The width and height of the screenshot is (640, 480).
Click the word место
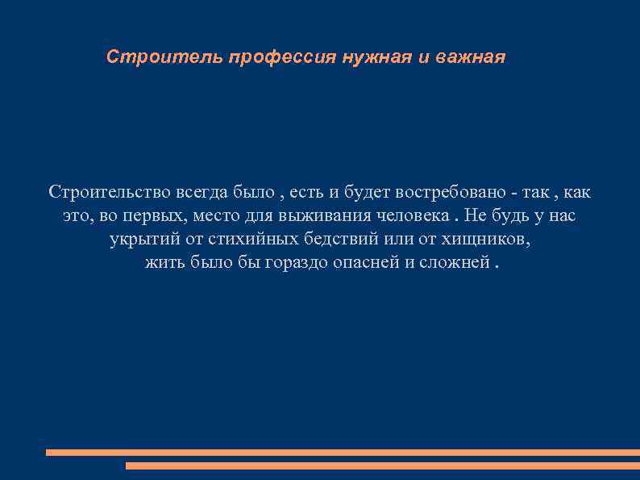click(x=220, y=216)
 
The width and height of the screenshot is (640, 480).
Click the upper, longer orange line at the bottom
click(x=343, y=453)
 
